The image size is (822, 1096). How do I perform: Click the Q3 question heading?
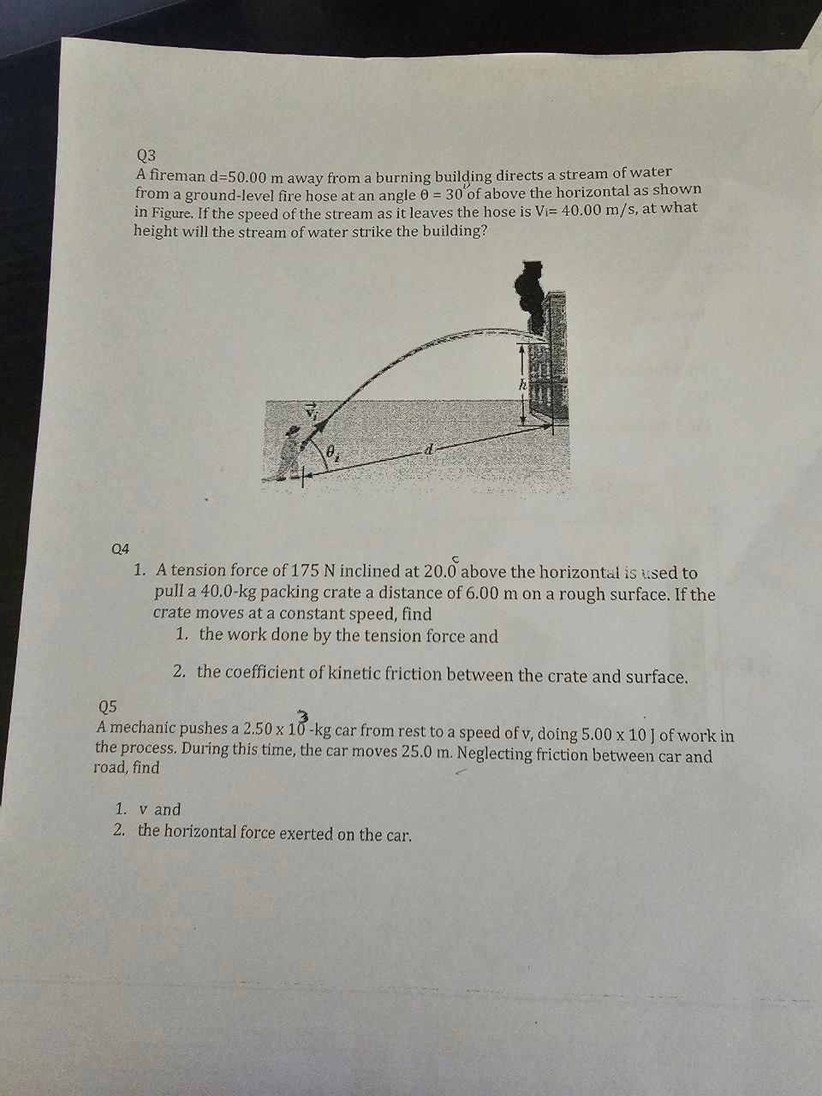pyautogui.click(x=146, y=155)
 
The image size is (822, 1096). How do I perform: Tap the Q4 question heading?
pyautogui.click(x=120, y=547)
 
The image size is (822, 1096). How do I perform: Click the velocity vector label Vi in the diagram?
pyautogui.click(x=311, y=411)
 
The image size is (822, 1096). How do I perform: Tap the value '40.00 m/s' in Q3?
pyautogui.click(x=593, y=209)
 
